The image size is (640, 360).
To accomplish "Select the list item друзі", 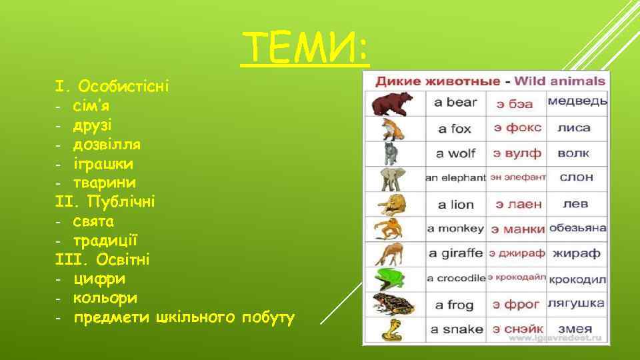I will [x=93, y=125].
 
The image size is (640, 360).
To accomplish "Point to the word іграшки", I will [x=103, y=163].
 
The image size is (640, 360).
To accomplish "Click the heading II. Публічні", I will [x=105, y=201].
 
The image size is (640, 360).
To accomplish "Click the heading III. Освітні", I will [x=103, y=259].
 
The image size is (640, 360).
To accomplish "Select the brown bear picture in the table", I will [x=392, y=104].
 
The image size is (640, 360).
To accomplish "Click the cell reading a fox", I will [x=454, y=129].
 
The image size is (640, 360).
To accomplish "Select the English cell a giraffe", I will [x=455, y=253].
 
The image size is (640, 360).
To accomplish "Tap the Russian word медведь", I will [x=577, y=101].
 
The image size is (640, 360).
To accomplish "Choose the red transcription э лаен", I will [x=517, y=204].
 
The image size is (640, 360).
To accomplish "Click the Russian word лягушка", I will [x=576, y=303].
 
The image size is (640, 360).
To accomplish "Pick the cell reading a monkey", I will [x=455, y=229].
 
